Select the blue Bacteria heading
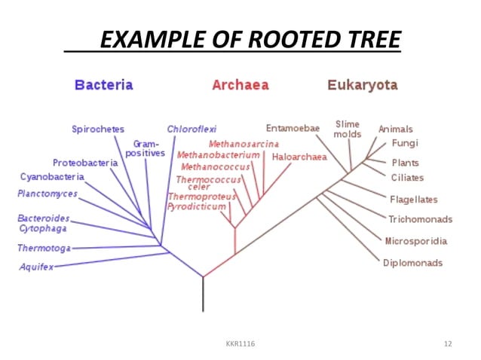click(103, 85)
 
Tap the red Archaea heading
click(240, 85)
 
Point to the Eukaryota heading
click(362, 85)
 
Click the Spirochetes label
click(98, 129)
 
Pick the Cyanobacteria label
click(52, 177)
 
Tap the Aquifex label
click(36, 267)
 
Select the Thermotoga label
click(44, 248)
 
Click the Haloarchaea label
click(299, 157)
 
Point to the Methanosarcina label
click(244, 143)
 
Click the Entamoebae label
click(293, 128)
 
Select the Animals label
click(395, 129)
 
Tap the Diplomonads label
click(412, 263)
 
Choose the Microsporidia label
click(415, 241)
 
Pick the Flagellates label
click(414, 200)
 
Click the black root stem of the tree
click(203, 294)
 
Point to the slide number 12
click(448, 343)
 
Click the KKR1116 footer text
click(240, 343)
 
